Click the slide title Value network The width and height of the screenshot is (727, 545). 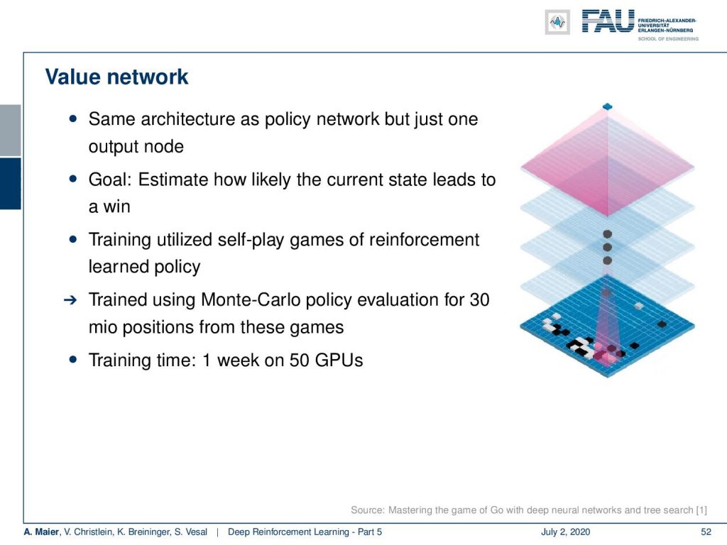pyautogui.click(x=117, y=77)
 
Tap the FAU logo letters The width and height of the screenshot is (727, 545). pyautogui.click(x=608, y=21)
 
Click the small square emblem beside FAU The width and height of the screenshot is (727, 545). pyautogui.click(x=557, y=22)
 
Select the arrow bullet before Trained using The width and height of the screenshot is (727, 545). pyautogui.click(x=70, y=300)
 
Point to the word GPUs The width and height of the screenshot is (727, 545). pyautogui.click(x=339, y=360)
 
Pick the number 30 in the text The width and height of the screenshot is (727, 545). pyautogui.click(x=479, y=300)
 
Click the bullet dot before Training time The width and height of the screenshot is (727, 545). pyautogui.click(x=73, y=359)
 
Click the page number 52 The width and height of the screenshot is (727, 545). pyautogui.click(x=706, y=532)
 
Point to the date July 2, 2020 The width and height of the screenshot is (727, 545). pyautogui.click(x=565, y=532)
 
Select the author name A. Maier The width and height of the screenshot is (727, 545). pyautogui.click(x=41, y=532)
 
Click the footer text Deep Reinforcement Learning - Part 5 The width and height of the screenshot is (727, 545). pyautogui.click(x=305, y=532)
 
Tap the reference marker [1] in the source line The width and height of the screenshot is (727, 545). pyautogui.click(x=701, y=510)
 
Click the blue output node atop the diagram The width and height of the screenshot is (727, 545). pyautogui.click(x=608, y=107)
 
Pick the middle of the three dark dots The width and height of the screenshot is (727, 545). pyautogui.click(x=608, y=248)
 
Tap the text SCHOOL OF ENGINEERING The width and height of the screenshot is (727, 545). pyautogui.click(x=668, y=39)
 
